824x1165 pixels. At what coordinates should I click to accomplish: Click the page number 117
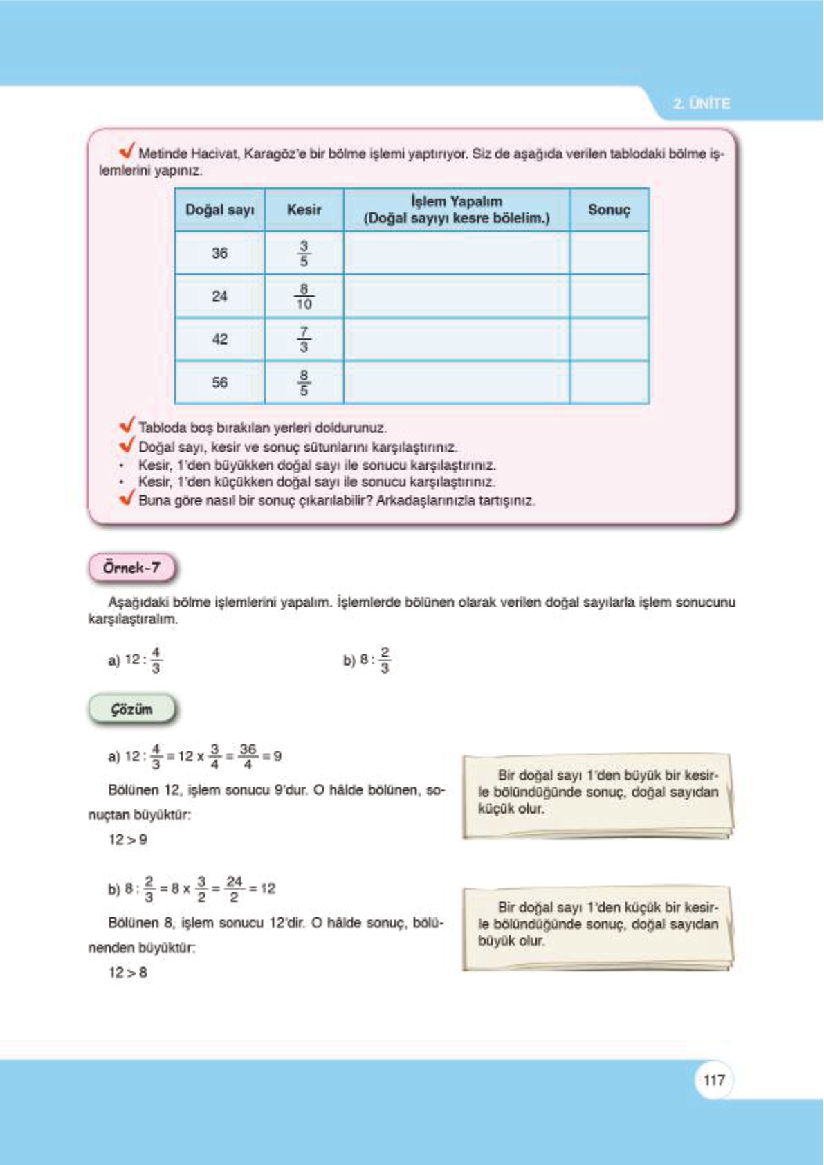713,1080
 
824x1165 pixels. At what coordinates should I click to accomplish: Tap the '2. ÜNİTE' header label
701,104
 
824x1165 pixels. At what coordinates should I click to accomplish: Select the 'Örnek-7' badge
131,568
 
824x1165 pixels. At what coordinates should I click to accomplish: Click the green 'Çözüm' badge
131,709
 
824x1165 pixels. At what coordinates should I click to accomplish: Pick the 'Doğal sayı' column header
219,210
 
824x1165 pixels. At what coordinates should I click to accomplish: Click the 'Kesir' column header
304,210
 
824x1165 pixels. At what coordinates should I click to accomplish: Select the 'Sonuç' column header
609,210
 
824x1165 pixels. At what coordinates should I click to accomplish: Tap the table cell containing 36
219,253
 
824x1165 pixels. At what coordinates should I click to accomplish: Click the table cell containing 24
219,296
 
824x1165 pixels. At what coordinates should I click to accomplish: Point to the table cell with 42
219,339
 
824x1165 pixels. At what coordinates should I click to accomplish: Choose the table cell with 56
219,383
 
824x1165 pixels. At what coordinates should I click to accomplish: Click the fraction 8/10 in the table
304,297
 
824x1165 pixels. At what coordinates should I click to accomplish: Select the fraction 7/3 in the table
304,340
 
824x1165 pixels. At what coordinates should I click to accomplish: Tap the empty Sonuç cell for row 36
609,253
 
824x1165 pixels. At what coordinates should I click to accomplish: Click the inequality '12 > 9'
127,840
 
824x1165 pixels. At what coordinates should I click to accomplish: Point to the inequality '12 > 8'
127,973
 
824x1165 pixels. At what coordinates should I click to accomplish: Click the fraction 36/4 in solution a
248,756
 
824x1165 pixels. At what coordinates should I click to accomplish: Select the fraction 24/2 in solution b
234,889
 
